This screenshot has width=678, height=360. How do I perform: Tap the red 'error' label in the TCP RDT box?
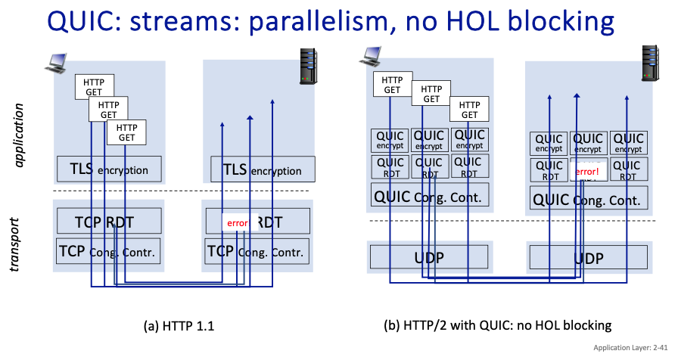[238, 223]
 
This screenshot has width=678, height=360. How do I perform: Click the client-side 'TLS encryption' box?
[109, 169]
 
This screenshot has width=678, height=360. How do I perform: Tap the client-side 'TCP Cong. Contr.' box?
[109, 251]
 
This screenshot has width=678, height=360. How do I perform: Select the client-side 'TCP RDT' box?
[109, 221]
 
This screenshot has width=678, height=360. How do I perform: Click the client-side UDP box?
[430, 258]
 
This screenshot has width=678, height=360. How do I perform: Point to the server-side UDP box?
[588, 258]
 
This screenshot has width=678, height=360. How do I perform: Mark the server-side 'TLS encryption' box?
[259, 169]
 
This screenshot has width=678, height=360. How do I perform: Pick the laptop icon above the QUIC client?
[372, 56]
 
